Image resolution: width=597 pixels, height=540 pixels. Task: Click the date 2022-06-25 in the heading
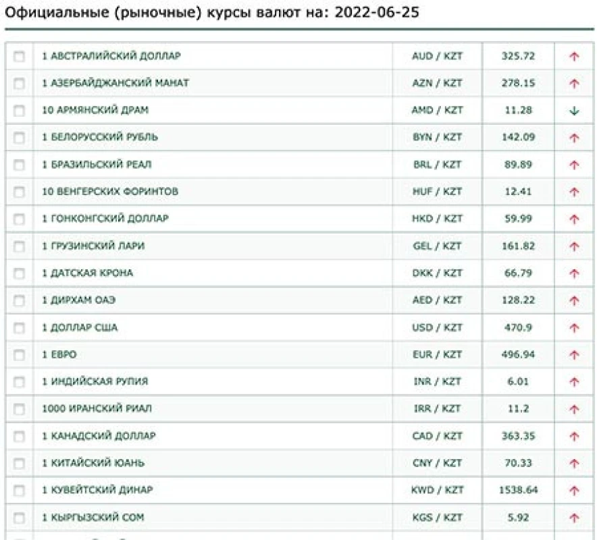click(x=377, y=13)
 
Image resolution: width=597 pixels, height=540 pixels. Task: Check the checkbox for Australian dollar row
click(x=19, y=57)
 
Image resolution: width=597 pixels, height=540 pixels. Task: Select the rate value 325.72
click(x=518, y=56)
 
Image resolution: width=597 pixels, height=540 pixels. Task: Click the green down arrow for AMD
click(x=574, y=111)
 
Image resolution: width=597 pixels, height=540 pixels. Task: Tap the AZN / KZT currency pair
click(x=437, y=83)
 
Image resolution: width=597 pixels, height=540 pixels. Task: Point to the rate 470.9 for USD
click(x=518, y=327)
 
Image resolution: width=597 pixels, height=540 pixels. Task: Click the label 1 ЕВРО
click(x=59, y=354)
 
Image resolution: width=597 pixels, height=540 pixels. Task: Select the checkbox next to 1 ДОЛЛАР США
click(x=19, y=328)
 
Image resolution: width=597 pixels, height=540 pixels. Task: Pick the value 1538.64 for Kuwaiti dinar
click(x=518, y=490)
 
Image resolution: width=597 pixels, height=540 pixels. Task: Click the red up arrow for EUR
click(x=574, y=355)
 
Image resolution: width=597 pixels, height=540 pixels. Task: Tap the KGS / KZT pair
click(x=437, y=517)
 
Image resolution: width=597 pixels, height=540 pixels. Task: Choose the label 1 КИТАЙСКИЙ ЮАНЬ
click(x=93, y=463)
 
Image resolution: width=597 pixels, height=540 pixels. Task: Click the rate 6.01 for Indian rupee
click(x=518, y=381)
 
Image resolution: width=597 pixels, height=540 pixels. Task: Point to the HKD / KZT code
click(x=437, y=219)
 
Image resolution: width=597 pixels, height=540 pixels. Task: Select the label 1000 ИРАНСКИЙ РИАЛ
click(x=97, y=408)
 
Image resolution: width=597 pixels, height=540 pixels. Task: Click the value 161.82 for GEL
click(x=518, y=246)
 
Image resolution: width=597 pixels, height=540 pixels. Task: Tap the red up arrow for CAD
click(x=574, y=436)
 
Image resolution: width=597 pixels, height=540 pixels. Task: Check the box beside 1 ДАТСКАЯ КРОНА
click(x=19, y=273)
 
